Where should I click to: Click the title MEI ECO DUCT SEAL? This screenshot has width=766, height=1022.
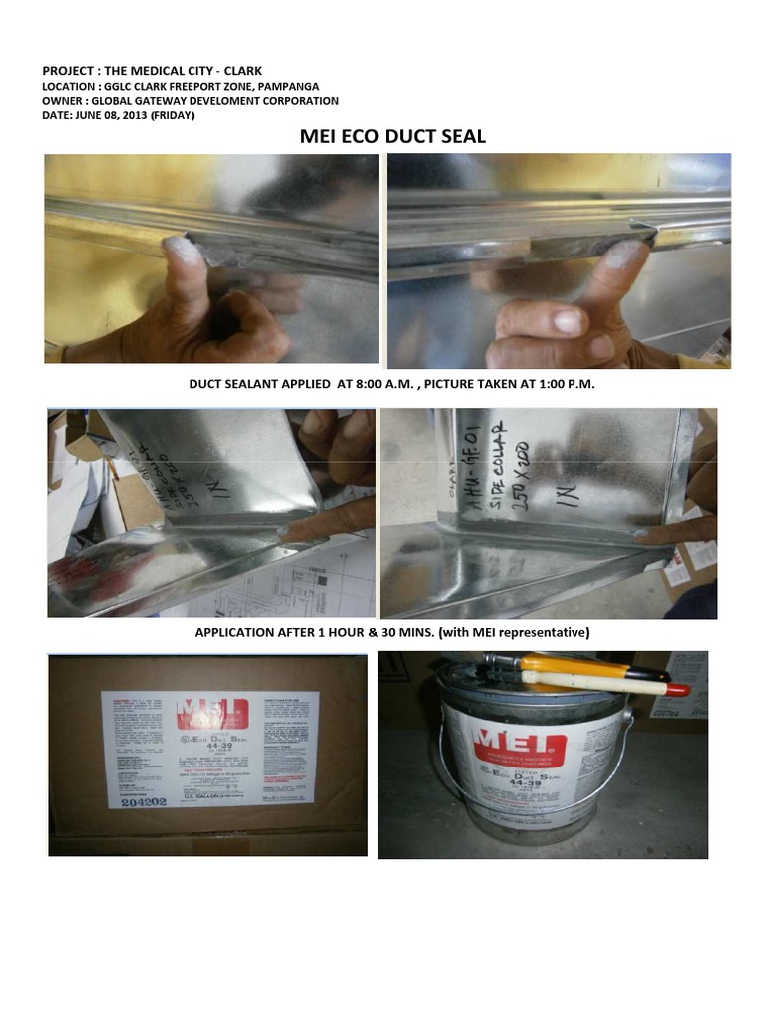pos(392,137)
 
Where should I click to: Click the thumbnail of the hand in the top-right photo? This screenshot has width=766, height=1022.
pos(568,321)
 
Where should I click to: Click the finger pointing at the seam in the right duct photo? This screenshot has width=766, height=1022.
pos(678,532)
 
